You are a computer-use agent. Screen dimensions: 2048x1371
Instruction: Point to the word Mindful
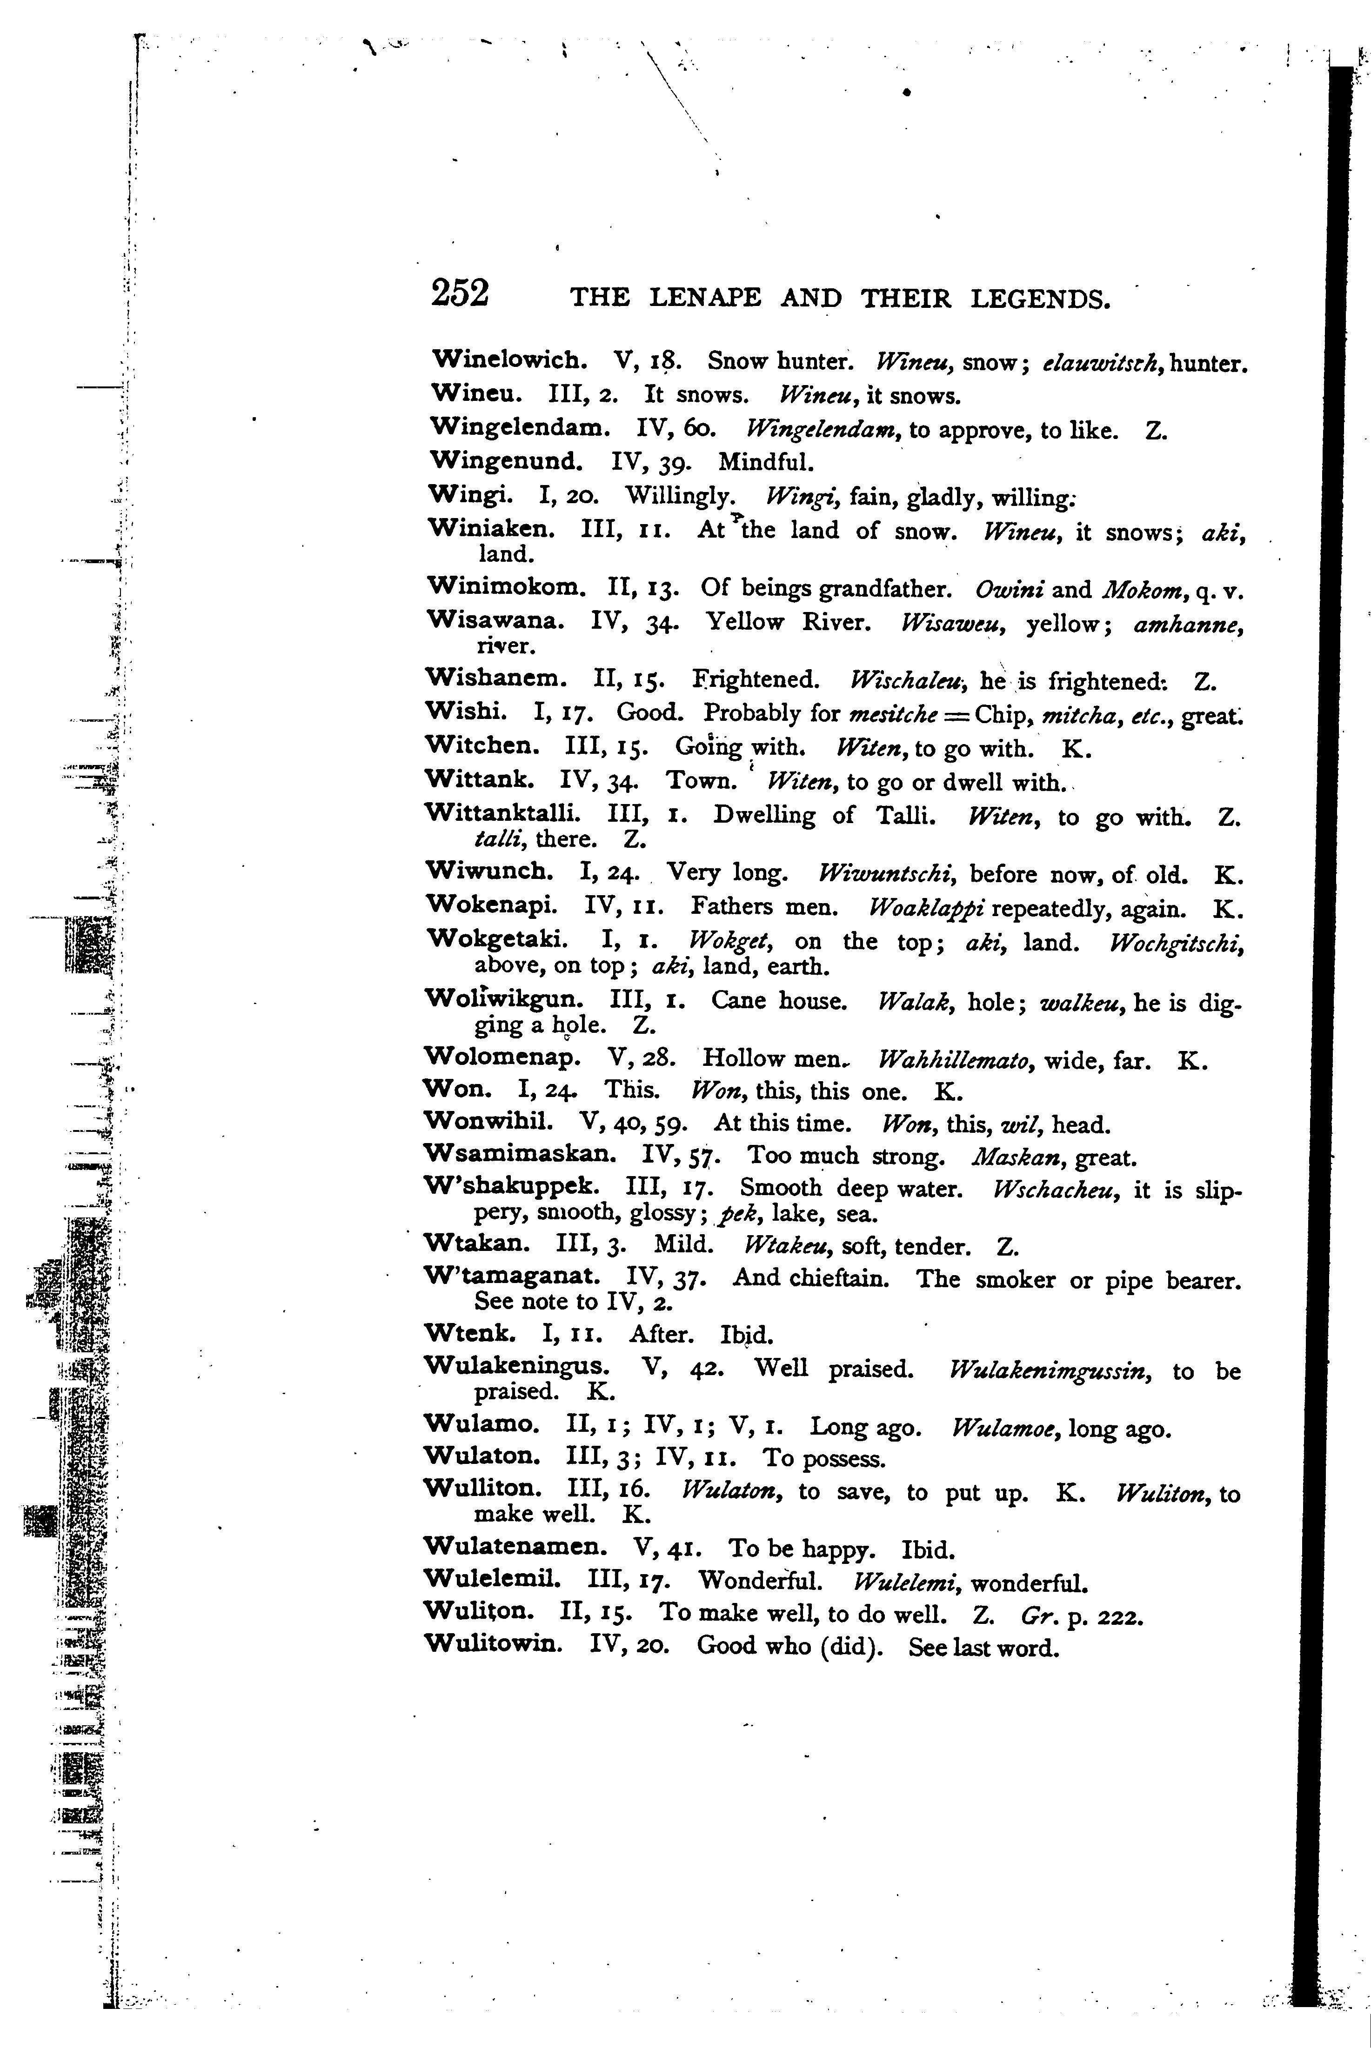coord(766,461)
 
